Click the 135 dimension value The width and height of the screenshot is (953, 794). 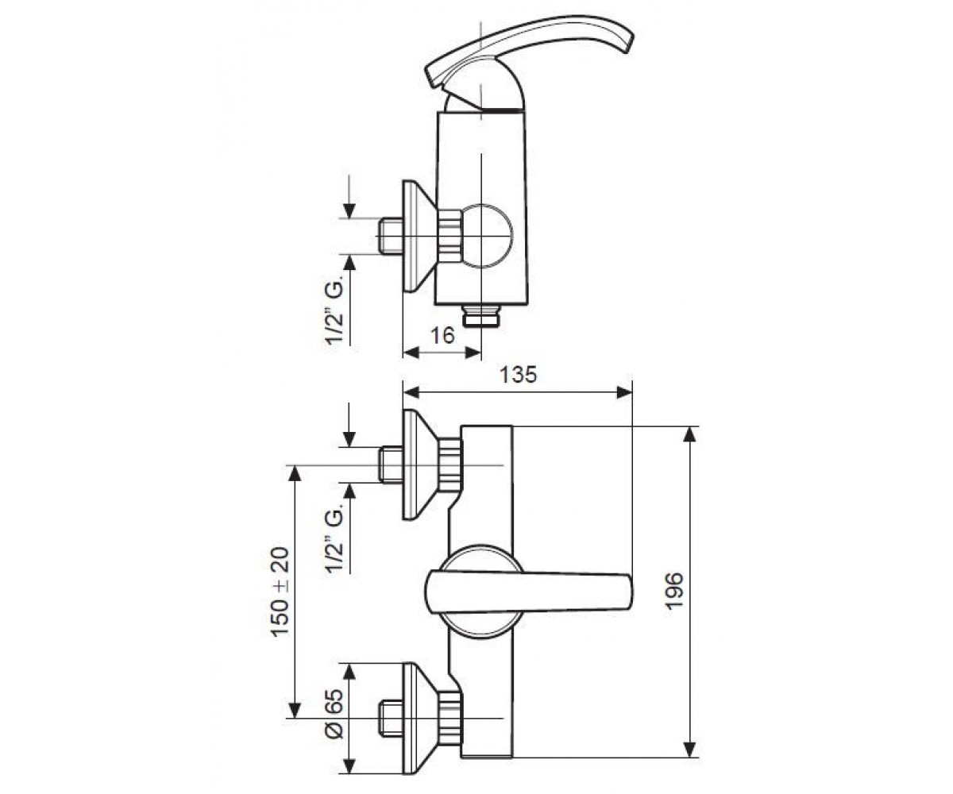click(518, 375)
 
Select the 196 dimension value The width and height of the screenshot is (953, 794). click(674, 591)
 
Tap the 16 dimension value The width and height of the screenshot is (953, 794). click(442, 335)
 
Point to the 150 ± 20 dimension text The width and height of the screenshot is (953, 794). click(280, 592)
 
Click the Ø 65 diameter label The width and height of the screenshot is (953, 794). click(335, 719)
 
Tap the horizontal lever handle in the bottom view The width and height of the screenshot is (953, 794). click(529, 591)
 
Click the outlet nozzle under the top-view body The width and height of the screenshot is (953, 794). click(481, 315)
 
